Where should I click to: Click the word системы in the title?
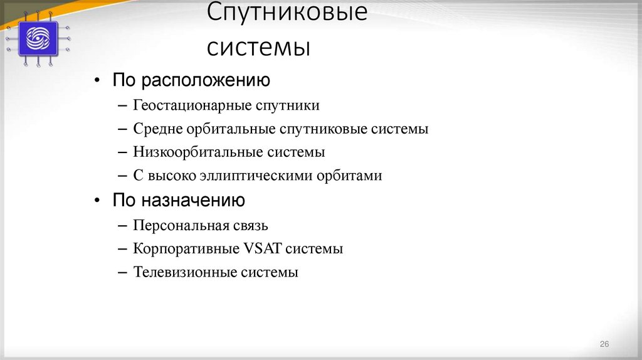coord(259,46)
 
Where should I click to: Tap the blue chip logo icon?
coord(38,38)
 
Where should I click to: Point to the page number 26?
coord(604,344)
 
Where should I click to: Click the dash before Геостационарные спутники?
coord(122,105)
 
